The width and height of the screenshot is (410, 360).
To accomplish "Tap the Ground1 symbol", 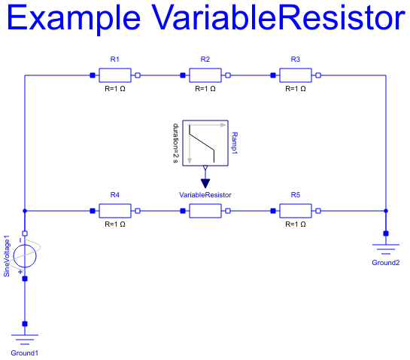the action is [25, 340].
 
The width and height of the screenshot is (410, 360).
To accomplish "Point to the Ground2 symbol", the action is [386, 249].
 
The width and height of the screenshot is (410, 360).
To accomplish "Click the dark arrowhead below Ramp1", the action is [205, 183].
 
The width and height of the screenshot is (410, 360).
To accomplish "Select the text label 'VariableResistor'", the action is [205, 195].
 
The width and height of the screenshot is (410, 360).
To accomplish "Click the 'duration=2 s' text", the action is [176, 143].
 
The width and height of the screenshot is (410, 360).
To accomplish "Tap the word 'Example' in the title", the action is [74, 18].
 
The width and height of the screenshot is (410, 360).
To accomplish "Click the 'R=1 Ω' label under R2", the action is [205, 89].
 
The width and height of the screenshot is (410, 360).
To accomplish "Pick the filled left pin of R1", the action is [93, 75].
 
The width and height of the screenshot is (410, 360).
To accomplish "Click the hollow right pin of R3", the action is [318, 75].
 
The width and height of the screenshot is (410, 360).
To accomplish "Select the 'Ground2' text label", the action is [386, 263].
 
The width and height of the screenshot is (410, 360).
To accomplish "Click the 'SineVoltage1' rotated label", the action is [7, 256].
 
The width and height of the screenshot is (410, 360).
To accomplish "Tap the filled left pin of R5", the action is [273, 211].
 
